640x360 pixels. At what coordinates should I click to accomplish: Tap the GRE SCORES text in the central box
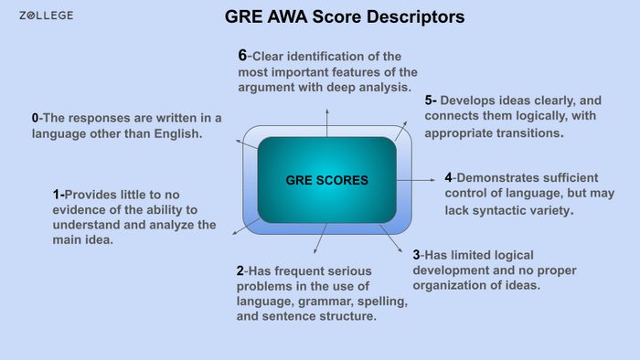pyautogui.click(x=327, y=181)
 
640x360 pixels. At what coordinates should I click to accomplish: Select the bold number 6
pyautogui.click(x=241, y=55)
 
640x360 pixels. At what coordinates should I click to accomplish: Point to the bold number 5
pyautogui.click(x=429, y=101)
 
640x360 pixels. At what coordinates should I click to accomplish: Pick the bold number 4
pyautogui.click(x=448, y=176)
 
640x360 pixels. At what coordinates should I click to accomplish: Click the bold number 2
pyautogui.click(x=240, y=270)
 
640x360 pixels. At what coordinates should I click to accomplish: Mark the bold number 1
pyautogui.click(x=57, y=194)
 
